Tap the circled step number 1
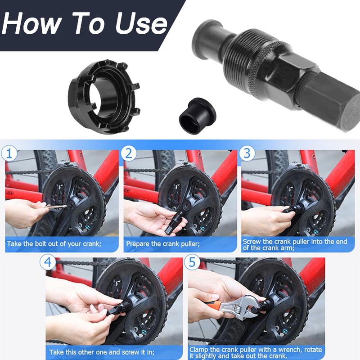click(x=9, y=153)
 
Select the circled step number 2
click(x=129, y=153)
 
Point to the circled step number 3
click(x=247, y=153)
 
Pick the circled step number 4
click(x=48, y=262)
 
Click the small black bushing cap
click(x=197, y=116)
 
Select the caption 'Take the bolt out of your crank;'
click(x=54, y=244)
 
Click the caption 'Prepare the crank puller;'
click(x=163, y=244)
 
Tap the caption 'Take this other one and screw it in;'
click(x=102, y=352)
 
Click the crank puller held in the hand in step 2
click(x=174, y=222)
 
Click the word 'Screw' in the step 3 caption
click(x=252, y=242)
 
